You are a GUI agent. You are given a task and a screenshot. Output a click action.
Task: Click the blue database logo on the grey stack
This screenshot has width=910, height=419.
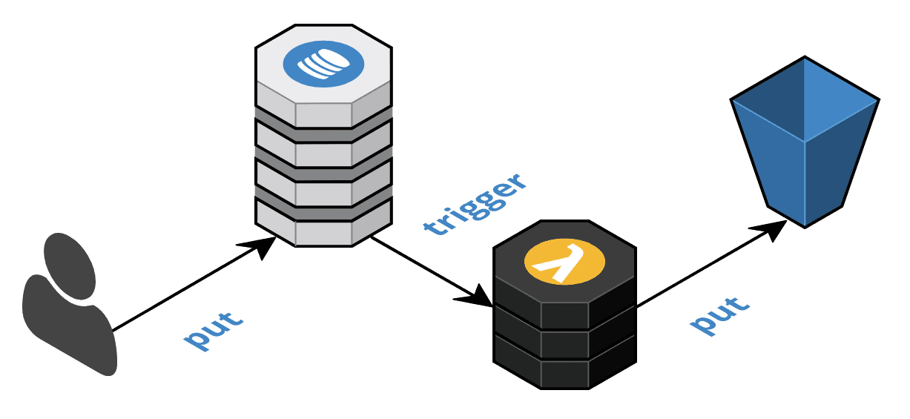coord(323,63)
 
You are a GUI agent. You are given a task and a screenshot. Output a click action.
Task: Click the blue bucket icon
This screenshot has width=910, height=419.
coord(805,141)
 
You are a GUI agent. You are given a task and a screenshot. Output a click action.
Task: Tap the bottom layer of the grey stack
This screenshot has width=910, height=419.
coord(323,227)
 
